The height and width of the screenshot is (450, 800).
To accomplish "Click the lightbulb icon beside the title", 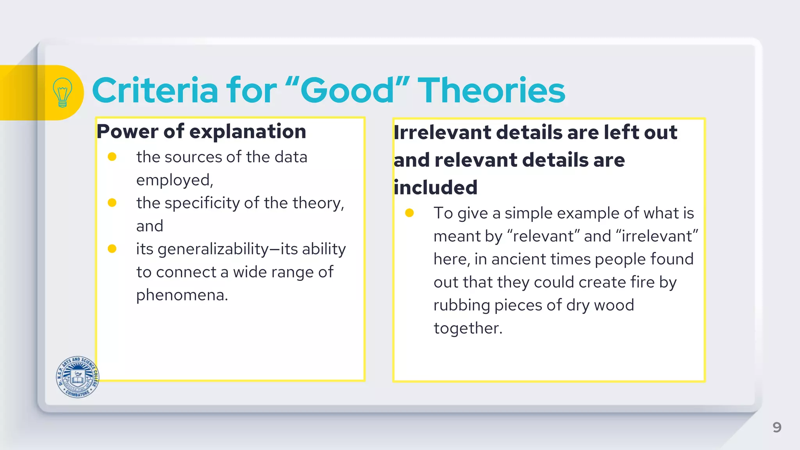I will point(62,92).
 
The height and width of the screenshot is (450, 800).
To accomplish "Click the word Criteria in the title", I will point(155,91).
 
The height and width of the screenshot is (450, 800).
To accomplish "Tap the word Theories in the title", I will point(491,91).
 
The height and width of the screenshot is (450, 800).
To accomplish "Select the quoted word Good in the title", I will point(348,91).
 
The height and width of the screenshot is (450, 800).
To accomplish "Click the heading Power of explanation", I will point(201,131).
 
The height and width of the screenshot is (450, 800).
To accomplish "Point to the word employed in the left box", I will point(174,180).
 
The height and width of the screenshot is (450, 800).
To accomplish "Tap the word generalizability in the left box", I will point(213,249).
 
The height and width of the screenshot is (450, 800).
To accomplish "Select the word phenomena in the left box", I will point(182,295).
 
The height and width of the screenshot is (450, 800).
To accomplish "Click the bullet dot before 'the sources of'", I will point(112,157).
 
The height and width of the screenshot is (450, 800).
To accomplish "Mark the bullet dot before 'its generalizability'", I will point(112,249).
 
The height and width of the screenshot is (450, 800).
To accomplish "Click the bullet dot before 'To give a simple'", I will point(409,213).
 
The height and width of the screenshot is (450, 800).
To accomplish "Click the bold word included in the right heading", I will point(436,187).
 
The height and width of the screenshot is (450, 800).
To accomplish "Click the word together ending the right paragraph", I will point(468,328).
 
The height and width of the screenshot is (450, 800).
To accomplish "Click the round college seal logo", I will point(77,377).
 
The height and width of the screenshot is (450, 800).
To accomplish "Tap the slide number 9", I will point(777,427).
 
